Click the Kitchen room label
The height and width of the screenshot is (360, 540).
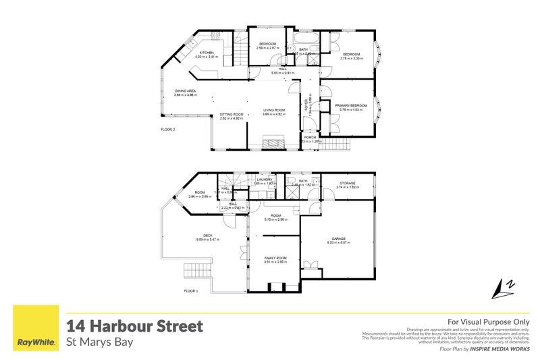point(205,53)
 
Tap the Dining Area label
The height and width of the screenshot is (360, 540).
point(184,91)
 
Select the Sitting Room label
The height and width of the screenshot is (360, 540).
point(232,115)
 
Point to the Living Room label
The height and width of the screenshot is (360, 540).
point(274,110)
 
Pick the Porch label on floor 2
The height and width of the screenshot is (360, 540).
point(310,138)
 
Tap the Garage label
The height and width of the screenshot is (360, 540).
point(337,238)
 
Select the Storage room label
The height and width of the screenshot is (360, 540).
point(348,182)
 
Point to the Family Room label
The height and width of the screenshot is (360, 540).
point(275,259)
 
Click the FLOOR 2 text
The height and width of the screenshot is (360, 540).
point(168,129)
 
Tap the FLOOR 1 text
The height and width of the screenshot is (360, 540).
point(191,290)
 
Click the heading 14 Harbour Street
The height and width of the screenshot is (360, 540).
point(134,326)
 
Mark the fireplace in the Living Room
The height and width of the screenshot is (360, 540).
point(273,143)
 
